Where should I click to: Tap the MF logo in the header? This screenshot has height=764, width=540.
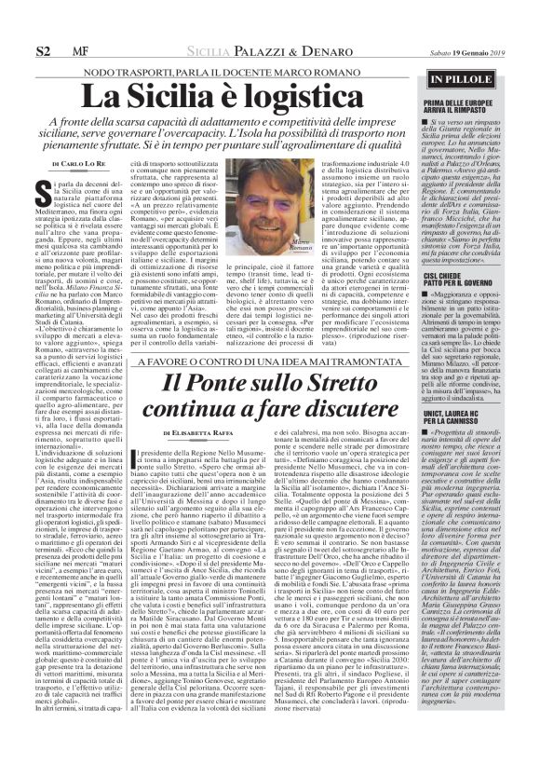tap(80, 48)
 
